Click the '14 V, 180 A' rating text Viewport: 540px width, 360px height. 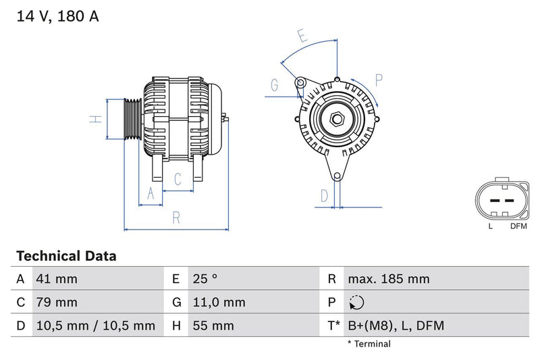pos(57,17)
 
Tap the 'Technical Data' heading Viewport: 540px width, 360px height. pos(66,257)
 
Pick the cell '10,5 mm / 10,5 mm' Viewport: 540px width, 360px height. pos(95,326)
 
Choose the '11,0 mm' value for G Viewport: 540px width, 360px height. pos(219,303)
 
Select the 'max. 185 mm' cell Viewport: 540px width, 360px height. pos(388,279)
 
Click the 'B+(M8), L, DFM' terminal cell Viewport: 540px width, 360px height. pos(396,326)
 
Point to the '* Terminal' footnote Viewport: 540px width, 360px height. pos(369,344)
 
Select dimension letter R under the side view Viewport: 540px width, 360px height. pos(176,217)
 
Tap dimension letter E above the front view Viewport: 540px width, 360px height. pos(302,36)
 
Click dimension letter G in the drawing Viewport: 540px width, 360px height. pos(275,85)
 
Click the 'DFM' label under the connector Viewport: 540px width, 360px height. pos(518,226)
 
